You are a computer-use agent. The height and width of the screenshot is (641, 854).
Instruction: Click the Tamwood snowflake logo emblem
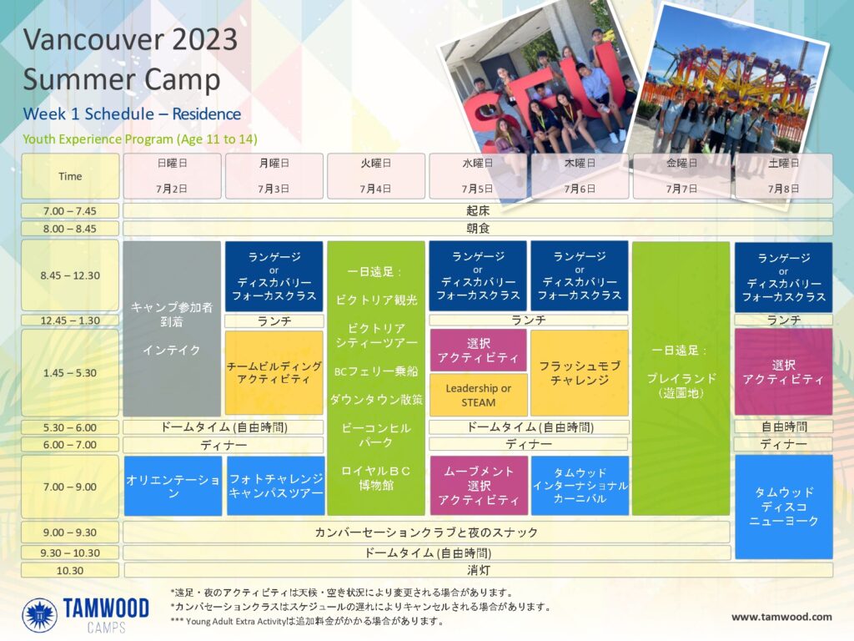click(x=40, y=615)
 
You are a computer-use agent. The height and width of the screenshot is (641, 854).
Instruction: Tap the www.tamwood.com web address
click(x=781, y=617)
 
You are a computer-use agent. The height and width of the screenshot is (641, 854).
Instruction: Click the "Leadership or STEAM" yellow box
click(x=478, y=395)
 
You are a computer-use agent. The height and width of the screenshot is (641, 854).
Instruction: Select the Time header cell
click(x=70, y=176)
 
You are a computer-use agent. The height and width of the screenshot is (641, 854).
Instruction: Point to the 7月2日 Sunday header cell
click(x=172, y=176)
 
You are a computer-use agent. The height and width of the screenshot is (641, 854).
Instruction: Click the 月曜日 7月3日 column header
click(x=274, y=176)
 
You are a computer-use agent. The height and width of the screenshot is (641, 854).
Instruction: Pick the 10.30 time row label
click(x=70, y=571)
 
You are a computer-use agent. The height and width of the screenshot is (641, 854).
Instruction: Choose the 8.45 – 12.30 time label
click(x=70, y=275)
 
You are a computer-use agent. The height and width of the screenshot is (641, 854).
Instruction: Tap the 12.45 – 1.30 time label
click(x=70, y=320)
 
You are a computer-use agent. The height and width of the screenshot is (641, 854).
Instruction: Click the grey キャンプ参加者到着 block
click(x=172, y=329)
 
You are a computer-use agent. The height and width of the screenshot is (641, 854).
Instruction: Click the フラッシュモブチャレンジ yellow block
click(x=580, y=373)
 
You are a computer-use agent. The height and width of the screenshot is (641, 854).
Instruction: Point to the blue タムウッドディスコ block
click(x=784, y=507)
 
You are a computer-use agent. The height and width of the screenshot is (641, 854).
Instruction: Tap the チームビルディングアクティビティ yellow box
click(x=274, y=373)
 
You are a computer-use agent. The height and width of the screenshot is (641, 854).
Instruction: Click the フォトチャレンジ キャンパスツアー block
click(x=276, y=486)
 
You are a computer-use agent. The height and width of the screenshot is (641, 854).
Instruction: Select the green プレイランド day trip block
click(x=681, y=378)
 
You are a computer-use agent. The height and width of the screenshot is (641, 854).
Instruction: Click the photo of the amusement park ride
click(x=732, y=88)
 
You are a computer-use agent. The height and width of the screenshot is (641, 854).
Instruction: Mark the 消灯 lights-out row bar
click(x=478, y=571)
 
